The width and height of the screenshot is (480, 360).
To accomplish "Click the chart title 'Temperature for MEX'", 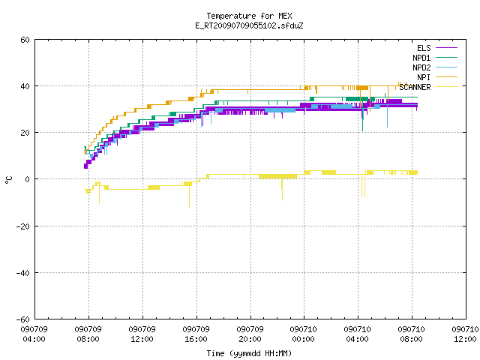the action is [249, 16].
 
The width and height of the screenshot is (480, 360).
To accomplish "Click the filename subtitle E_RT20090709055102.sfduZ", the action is [249, 25].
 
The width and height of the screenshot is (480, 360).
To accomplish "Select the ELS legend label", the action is [424, 48].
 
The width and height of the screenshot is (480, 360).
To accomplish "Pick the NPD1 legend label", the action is [421, 58].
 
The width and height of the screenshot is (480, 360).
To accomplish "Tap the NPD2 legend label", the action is [421, 67].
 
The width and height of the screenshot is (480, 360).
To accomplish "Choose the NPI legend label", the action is [424, 77].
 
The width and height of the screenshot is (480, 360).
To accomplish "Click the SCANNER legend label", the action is [415, 87].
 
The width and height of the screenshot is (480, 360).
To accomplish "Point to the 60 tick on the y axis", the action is [25, 40].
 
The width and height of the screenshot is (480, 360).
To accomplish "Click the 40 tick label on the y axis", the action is [25, 86].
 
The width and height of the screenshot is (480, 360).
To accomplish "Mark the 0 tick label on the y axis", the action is [28, 179].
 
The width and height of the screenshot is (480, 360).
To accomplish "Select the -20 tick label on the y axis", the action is [23, 226].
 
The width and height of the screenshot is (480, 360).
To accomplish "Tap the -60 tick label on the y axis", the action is [23, 319].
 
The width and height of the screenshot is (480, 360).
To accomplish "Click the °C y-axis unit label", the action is [8, 180].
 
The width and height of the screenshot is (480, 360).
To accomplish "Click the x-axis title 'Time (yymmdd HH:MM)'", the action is [249, 353].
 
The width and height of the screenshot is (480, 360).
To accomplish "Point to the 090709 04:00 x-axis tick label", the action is [34, 334].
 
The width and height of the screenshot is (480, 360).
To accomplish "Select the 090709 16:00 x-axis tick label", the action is [196, 334].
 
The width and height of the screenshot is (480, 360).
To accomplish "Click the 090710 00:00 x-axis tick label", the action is [303, 334].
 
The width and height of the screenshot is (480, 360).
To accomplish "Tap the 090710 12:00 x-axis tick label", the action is [465, 334].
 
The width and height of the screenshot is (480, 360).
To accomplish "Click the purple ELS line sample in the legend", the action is [446, 48].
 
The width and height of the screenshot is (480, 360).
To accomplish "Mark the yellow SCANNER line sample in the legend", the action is [446, 87].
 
